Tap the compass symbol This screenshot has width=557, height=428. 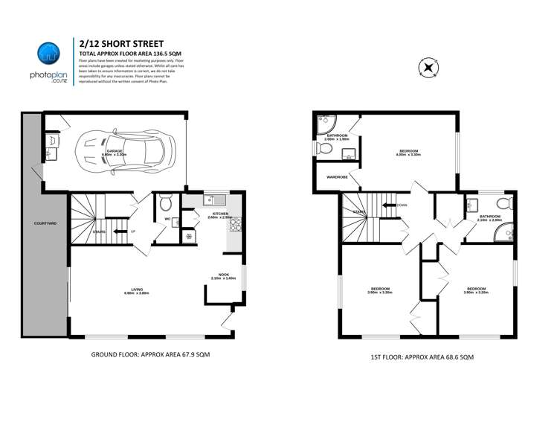point(428,68)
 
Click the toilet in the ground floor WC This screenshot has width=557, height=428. point(165,202)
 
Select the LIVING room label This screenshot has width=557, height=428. point(137,290)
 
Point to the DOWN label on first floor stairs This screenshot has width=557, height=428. point(402,205)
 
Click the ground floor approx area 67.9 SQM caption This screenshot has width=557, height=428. point(149,354)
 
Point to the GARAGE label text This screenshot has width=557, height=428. point(115,150)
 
